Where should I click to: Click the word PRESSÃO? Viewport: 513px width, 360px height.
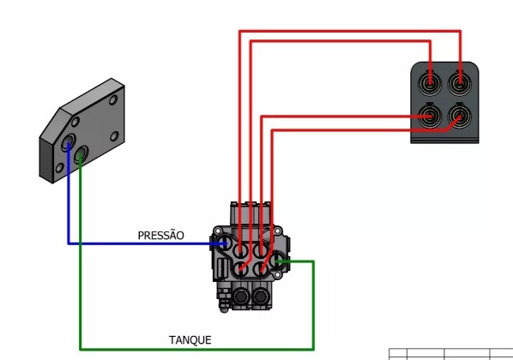[x=160, y=236]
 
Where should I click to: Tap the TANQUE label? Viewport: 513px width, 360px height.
[x=190, y=340]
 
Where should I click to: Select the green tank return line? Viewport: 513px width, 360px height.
[x=196, y=349]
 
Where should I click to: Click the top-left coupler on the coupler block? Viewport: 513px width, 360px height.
[x=430, y=83]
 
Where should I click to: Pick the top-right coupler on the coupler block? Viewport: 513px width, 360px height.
[x=460, y=83]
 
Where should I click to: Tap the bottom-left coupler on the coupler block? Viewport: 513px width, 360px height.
[x=430, y=116]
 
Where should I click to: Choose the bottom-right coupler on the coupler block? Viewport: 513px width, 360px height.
[x=460, y=116]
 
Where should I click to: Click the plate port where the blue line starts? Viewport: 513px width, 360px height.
[x=68, y=142]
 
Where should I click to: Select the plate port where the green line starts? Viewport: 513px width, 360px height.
[x=81, y=155]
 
